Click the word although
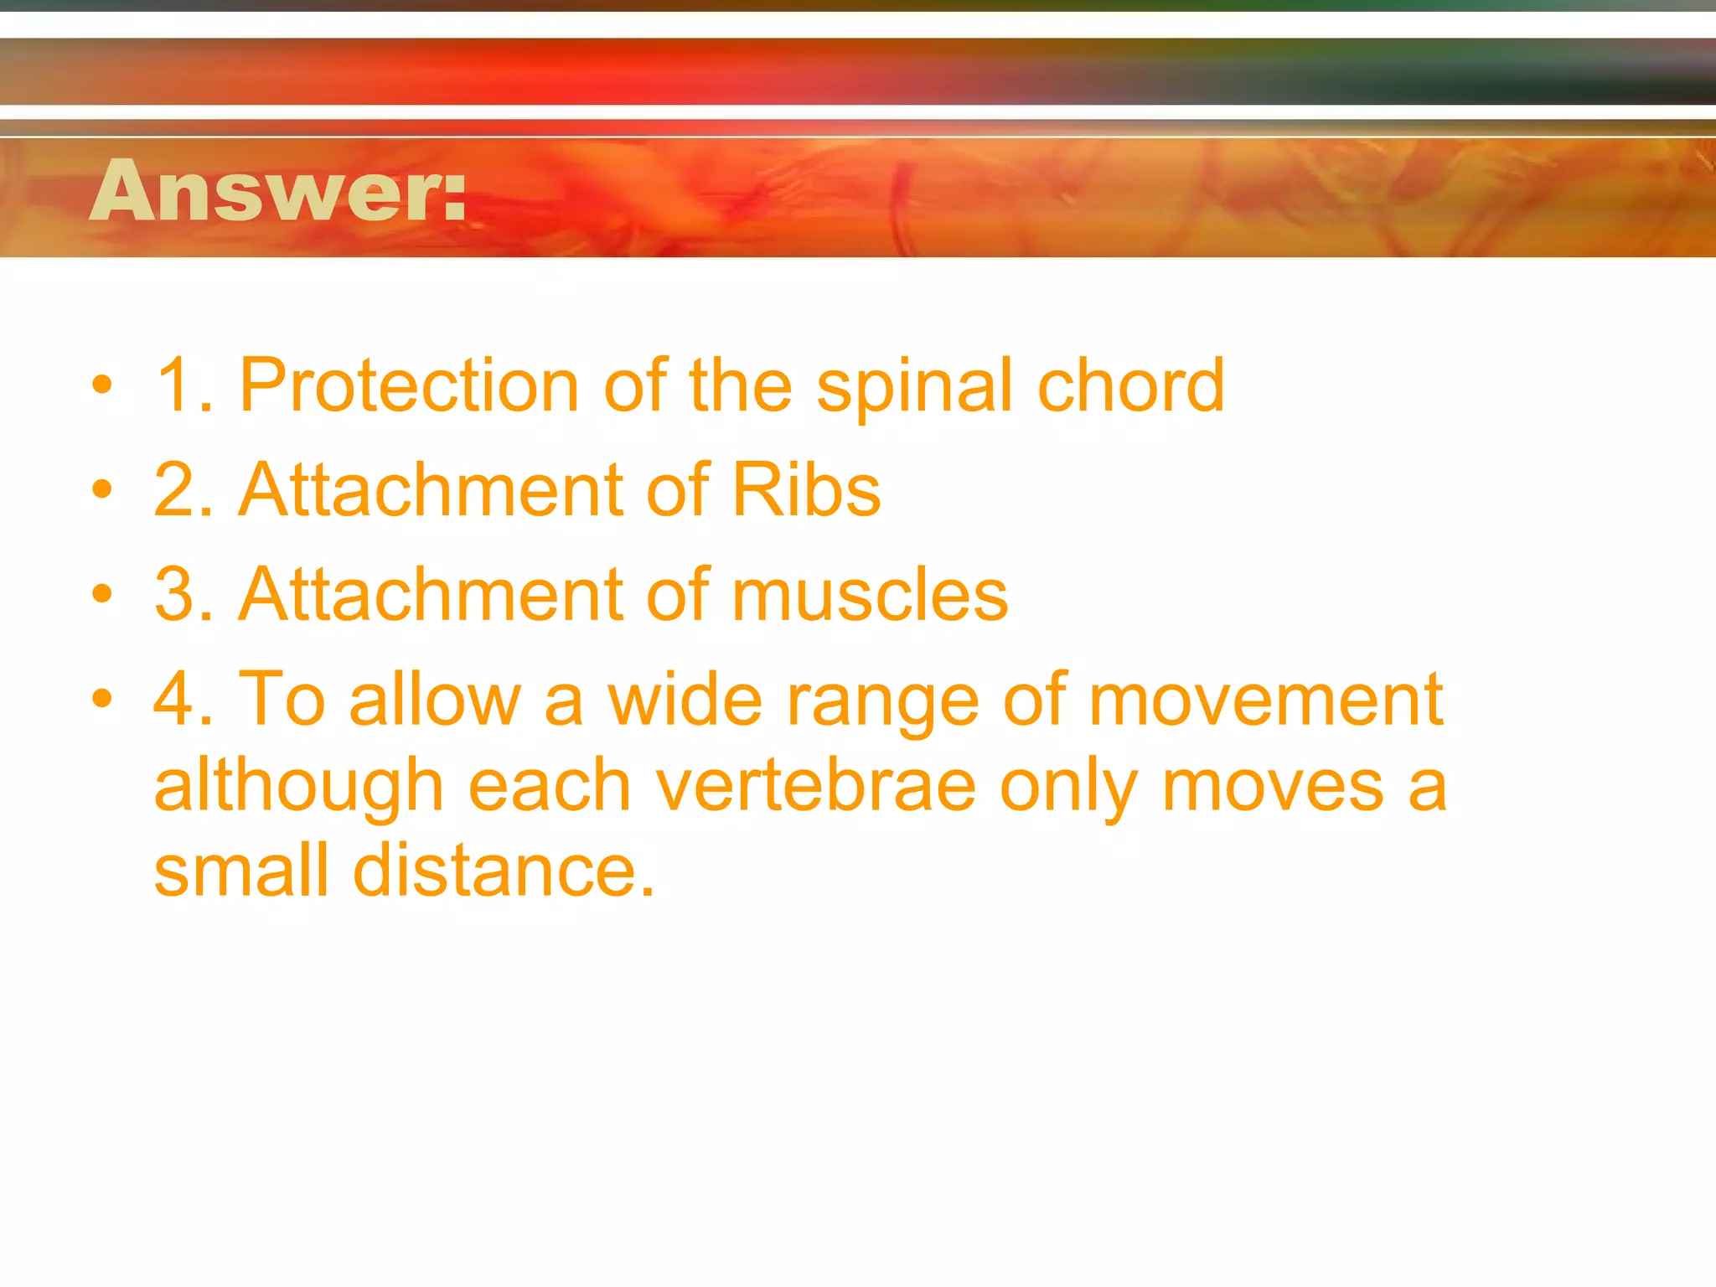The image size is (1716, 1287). pos(298,788)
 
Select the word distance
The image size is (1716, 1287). pos(503,871)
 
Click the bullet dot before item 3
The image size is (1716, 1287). pos(102,595)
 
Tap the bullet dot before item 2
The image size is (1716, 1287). pos(102,490)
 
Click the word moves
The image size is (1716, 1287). pos(1273,788)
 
